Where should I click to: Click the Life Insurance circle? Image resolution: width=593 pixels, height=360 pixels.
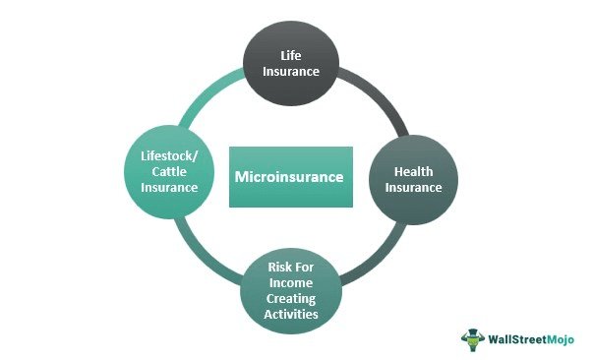291,65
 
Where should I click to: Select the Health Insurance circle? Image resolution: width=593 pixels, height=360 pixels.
413,178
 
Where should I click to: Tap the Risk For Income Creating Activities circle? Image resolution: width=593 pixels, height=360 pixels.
291,290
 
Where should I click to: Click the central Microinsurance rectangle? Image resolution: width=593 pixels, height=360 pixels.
291,177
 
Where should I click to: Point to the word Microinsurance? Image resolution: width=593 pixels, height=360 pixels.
291,178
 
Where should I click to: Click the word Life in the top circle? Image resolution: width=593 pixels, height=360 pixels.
291,56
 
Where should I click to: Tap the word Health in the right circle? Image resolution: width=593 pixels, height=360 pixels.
414,171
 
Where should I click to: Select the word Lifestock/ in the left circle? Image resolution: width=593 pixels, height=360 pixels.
169,155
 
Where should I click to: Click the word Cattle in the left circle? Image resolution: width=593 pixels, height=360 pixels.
169,171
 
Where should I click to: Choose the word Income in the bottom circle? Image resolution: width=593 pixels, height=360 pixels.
291,282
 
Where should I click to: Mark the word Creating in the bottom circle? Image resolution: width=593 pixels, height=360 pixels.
291,298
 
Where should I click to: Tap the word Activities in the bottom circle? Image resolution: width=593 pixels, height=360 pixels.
291,314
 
